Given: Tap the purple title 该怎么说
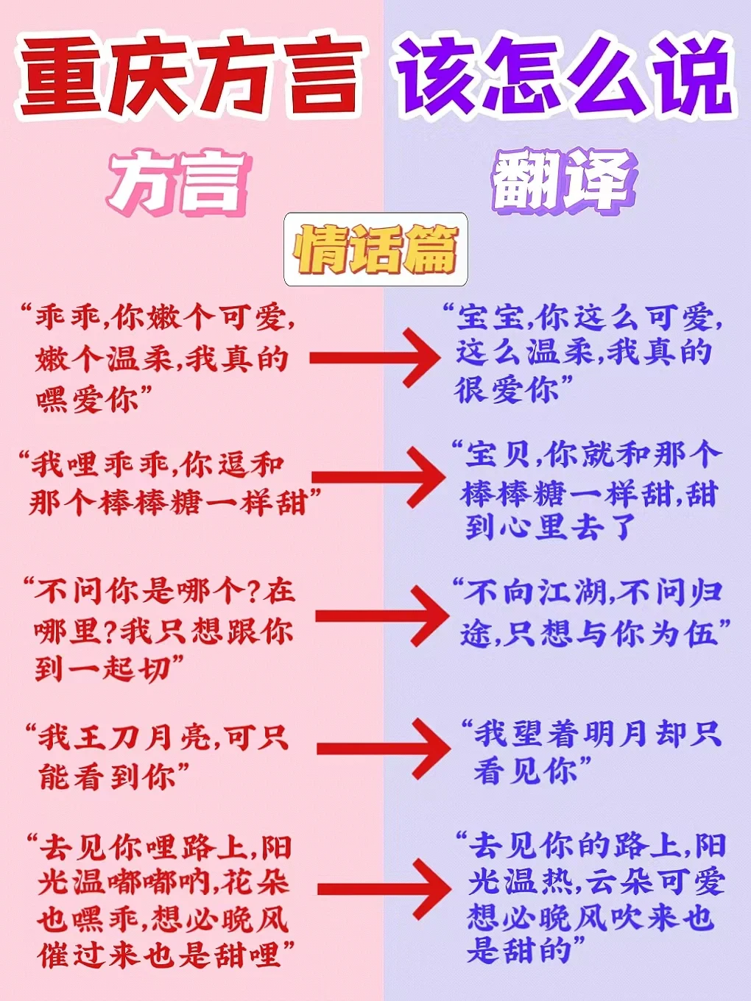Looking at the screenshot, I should pos(563,77).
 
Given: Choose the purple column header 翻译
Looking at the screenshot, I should pos(564,180).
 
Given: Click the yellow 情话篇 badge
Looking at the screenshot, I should pos(375,250).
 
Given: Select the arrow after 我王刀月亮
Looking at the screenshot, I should pos(383,749).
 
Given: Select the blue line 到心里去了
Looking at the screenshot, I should pos(548,527).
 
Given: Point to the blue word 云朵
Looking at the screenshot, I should pos(619,881).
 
